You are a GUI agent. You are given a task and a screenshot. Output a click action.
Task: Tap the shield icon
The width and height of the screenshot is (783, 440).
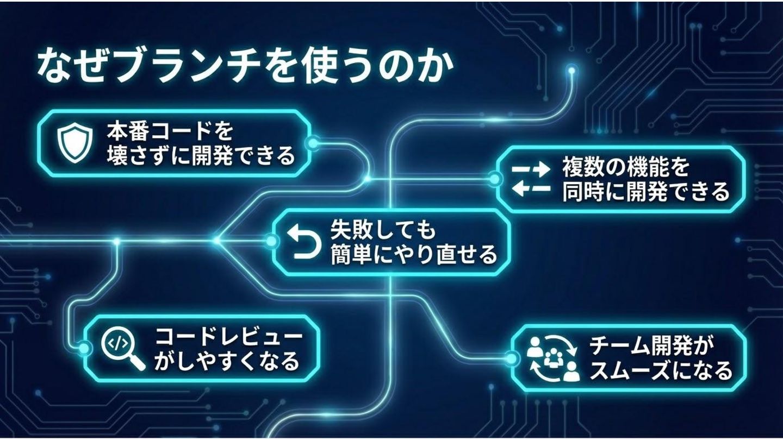pyautogui.click(x=73, y=142)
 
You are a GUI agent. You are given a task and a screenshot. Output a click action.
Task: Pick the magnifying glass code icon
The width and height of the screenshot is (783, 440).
pyautogui.click(x=122, y=348)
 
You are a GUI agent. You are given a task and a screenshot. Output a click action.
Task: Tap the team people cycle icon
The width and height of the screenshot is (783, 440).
pyautogui.click(x=551, y=358)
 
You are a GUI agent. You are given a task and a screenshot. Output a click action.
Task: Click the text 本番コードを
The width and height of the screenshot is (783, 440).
pyautogui.click(x=171, y=131)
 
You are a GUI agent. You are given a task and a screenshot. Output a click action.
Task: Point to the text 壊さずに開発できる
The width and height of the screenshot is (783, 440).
pyautogui.click(x=200, y=156)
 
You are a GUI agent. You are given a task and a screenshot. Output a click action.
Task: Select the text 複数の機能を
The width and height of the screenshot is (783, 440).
pyautogui.click(x=625, y=167)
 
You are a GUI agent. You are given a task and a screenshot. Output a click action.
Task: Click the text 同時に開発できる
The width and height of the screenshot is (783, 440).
pyautogui.click(x=645, y=192)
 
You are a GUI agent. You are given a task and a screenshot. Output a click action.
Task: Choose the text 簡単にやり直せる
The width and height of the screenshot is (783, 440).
pyautogui.click(x=414, y=254)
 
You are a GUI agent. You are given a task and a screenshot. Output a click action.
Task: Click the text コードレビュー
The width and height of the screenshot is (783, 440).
pyautogui.click(x=229, y=336)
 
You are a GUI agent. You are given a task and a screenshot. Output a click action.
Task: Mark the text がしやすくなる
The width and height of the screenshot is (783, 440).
pyautogui.click(x=227, y=361)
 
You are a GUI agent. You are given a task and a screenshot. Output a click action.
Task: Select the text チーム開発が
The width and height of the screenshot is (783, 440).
pyautogui.click(x=652, y=346)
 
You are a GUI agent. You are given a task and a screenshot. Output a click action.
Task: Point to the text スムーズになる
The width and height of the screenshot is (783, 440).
pyautogui.click(x=661, y=370)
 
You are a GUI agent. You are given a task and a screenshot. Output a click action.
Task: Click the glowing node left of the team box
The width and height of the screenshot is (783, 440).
pyautogui.click(x=511, y=357)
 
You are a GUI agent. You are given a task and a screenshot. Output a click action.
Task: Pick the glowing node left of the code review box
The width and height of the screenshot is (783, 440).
pyautogui.click(x=83, y=348)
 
